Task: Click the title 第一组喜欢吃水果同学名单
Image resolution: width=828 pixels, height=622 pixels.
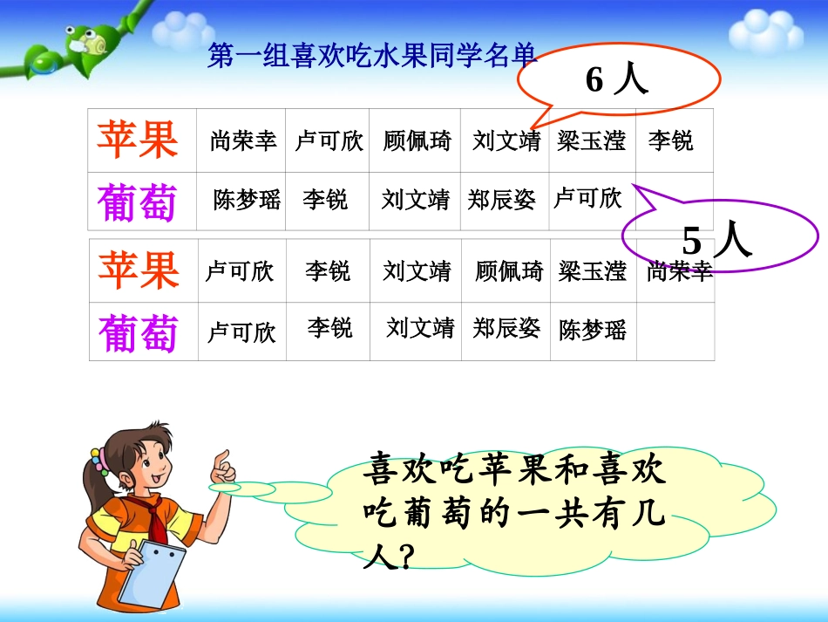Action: (x=372, y=57)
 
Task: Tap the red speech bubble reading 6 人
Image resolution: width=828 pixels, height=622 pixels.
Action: (x=618, y=80)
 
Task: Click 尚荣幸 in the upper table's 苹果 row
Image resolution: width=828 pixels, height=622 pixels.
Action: (x=243, y=140)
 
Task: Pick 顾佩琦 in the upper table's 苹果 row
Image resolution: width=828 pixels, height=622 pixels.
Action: (x=417, y=140)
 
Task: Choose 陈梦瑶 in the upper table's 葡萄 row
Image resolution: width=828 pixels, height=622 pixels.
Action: (x=247, y=200)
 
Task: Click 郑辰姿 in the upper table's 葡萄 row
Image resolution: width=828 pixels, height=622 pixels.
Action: (x=501, y=200)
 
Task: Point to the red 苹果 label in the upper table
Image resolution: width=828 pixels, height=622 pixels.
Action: (x=138, y=140)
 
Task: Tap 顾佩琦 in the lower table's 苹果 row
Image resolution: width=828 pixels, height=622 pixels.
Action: (x=509, y=271)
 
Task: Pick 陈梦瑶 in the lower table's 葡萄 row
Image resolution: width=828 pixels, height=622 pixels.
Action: (x=593, y=330)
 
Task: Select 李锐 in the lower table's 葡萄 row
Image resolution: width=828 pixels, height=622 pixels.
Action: (x=329, y=328)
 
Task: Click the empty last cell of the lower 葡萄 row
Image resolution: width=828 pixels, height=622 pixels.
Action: (x=675, y=332)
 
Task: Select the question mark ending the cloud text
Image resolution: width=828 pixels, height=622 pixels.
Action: (x=402, y=556)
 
